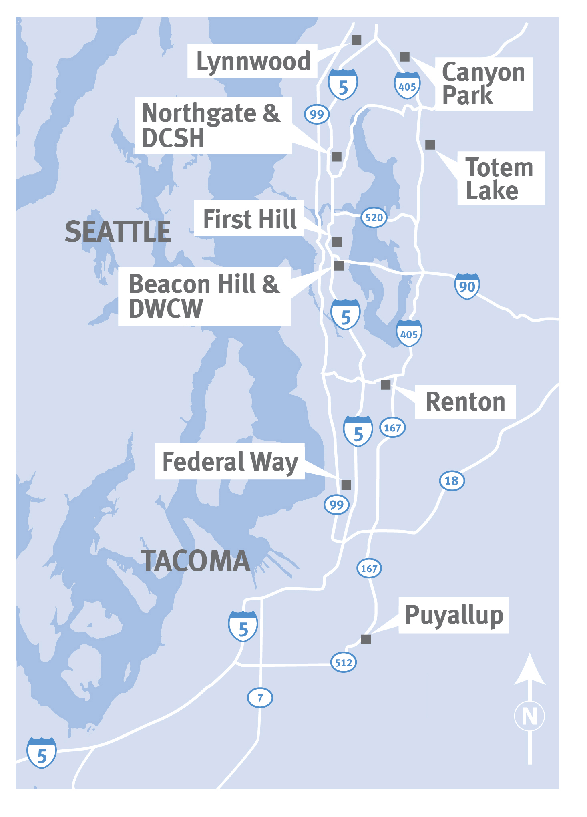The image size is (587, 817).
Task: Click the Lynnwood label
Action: coord(253,61)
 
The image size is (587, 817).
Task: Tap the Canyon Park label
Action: coord(483,84)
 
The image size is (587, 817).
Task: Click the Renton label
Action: coord(465,402)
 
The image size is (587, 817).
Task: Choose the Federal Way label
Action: coord(230,461)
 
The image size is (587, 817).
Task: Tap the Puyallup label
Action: coord(454,615)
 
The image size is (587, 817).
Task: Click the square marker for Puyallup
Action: coord(366,640)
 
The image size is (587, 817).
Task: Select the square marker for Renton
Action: coord(386,385)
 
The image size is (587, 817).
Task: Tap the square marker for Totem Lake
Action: coord(430,145)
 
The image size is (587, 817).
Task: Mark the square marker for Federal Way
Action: coord(346,485)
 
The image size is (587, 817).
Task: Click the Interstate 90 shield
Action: coord(467,286)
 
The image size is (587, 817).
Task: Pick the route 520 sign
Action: coord(374,217)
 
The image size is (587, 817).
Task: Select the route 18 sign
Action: coord(452,481)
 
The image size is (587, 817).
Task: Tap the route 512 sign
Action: coord(344,662)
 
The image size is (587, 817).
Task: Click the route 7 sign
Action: coord(260,698)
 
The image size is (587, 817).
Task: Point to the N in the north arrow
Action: coord(529,716)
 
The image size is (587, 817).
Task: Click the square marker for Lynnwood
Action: coord(356,40)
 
